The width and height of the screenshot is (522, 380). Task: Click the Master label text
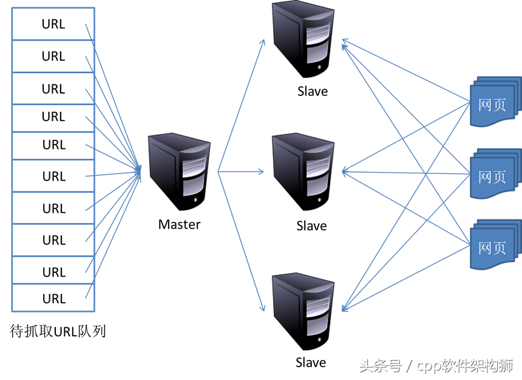[x=179, y=224]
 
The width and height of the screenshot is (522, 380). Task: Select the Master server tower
[x=179, y=171]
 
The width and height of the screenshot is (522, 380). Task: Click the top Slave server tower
[x=303, y=39]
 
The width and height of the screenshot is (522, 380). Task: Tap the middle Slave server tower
[x=303, y=171]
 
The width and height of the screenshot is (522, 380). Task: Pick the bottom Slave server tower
[x=303, y=311]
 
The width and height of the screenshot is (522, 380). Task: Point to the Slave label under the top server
[x=312, y=91]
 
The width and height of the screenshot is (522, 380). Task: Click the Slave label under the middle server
[x=311, y=226]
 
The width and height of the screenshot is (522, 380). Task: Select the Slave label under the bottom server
[x=311, y=362]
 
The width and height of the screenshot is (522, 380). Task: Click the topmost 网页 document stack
[x=495, y=102]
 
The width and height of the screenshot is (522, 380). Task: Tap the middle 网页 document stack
[x=495, y=174]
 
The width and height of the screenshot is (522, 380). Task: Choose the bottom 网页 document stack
[x=495, y=244]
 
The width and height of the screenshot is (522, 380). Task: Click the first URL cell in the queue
[x=53, y=24]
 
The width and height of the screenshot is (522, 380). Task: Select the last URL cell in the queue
[x=53, y=298]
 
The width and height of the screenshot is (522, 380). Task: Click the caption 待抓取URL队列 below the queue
[x=58, y=331]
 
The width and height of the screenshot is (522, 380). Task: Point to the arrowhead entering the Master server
[x=139, y=171]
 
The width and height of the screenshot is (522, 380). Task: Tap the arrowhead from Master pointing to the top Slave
[x=262, y=43]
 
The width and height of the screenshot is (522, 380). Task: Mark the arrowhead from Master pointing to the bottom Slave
[x=262, y=307]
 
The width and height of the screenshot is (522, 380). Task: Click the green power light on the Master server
[x=195, y=200]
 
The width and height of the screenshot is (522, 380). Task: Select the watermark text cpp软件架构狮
[x=465, y=365]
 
